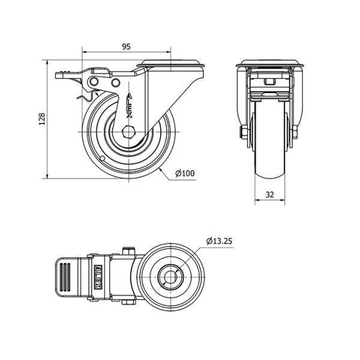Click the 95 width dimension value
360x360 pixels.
(x=126, y=47)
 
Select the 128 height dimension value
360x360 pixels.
(x=42, y=119)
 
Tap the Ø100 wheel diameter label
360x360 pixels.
(x=185, y=173)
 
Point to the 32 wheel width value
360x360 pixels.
(x=270, y=194)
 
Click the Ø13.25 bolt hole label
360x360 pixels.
(x=219, y=241)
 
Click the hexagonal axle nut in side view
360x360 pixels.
(x=129, y=132)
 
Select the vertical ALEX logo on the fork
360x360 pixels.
(x=130, y=106)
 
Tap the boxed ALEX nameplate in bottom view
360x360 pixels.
(x=98, y=277)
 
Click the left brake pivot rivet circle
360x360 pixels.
(x=94, y=81)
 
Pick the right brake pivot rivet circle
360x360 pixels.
(x=116, y=82)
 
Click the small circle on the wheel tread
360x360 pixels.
(x=103, y=158)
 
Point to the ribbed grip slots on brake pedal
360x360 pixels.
(x=65, y=277)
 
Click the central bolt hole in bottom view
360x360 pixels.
(x=170, y=277)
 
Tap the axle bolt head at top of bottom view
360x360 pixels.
(x=128, y=251)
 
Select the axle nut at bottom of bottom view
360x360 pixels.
(x=128, y=302)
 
